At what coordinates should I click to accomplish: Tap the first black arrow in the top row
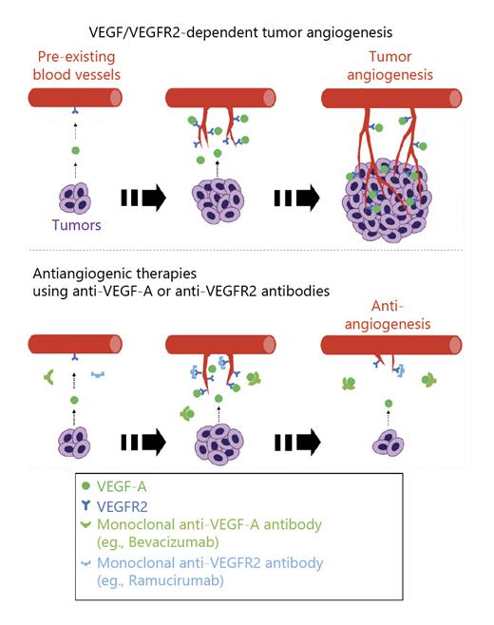click(x=143, y=199)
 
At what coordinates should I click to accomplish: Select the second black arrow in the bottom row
click(x=296, y=442)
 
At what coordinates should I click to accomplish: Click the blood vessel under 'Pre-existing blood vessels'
click(x=75, y=98)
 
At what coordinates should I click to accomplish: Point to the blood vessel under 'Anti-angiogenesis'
click(x=390, y=345)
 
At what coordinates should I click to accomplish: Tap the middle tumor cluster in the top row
click(x=218, y=201)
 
